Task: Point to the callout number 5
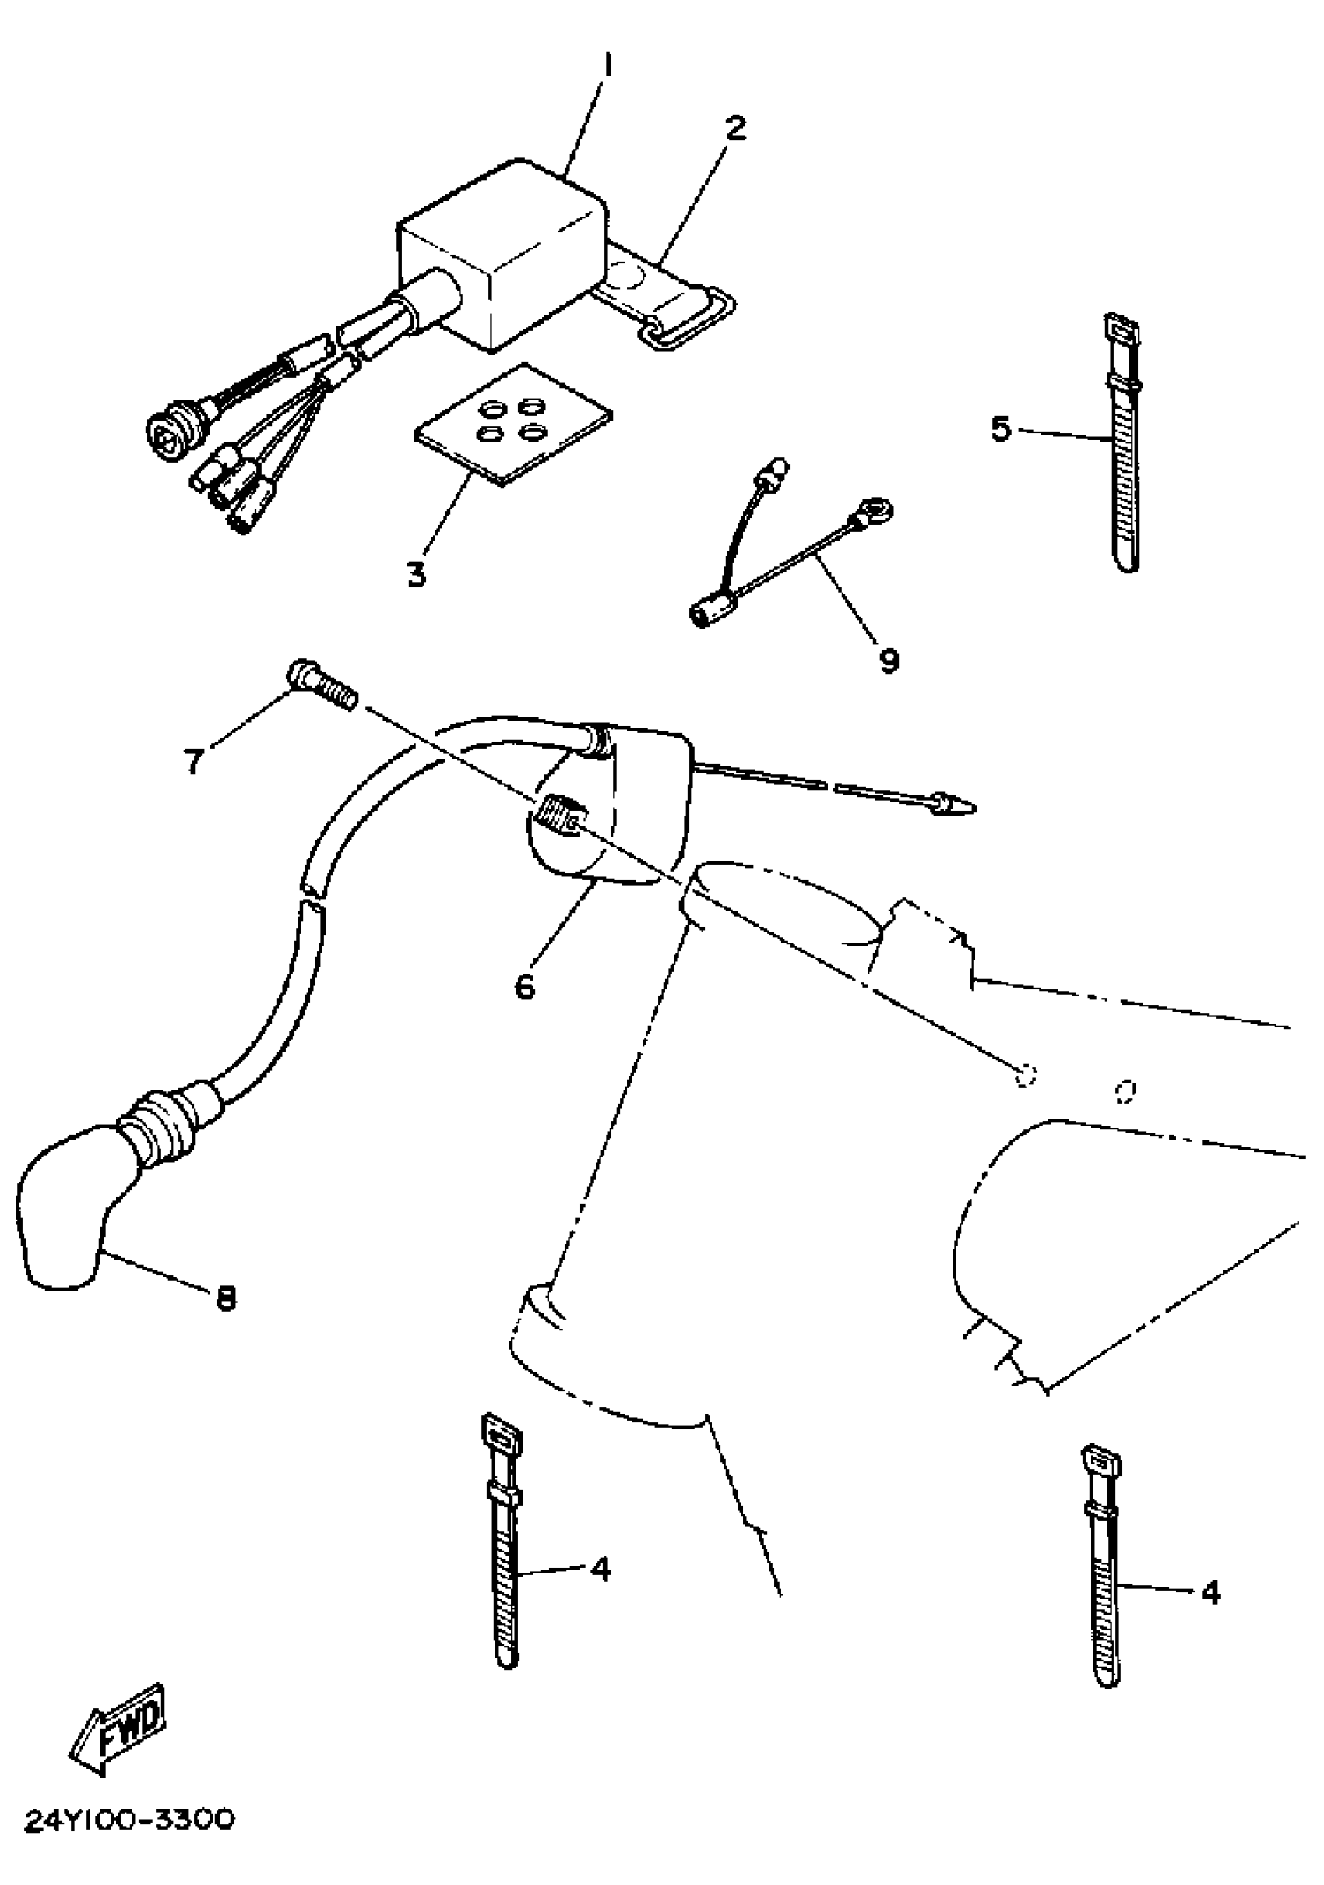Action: [1000, 428]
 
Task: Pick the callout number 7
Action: [193, 761]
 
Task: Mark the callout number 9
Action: [888, 659]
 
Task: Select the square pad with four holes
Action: [513, 425]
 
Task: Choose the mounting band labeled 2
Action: [669, 300]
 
